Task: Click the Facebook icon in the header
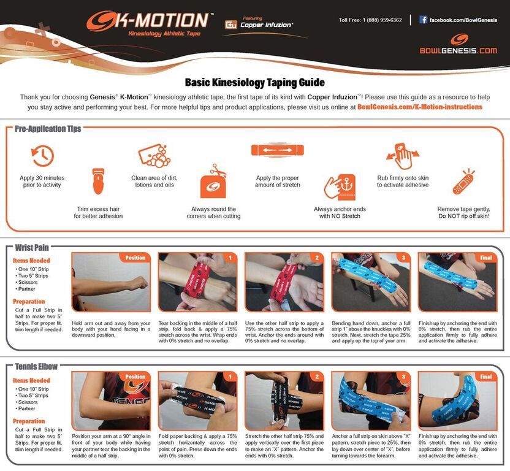(423, 20)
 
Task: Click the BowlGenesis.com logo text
(458, 50)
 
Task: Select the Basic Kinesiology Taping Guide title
(254, 83)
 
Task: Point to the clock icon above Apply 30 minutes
(42, 156)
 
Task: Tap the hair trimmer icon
(98, 181)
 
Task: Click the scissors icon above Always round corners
(214, 182)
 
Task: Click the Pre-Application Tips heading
(48, 129)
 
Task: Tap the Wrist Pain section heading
(32, 248)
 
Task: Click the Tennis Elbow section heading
(36, 367)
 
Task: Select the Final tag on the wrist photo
(485, 258)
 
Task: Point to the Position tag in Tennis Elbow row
(135, 377)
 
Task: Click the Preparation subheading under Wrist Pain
(29, 301)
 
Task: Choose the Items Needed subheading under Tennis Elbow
(32, 380)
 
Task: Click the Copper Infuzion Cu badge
(231, 25)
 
